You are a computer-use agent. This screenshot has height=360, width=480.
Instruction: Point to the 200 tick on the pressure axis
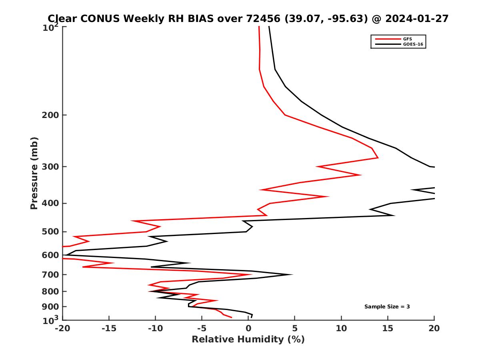tap(51, 115)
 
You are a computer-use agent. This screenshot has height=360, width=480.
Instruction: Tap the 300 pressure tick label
tap(51, 167)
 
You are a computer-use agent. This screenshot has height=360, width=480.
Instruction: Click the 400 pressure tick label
tap(51, 204)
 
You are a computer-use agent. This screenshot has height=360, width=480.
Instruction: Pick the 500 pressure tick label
tap(51, 232)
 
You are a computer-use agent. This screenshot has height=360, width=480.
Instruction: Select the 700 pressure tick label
tap(51, 275)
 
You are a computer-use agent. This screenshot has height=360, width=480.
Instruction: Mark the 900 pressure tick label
tap(51, 307)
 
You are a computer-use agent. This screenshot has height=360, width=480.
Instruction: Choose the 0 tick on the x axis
tap(248, 329)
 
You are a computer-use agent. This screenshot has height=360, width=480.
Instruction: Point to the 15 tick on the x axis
tap(388, 329)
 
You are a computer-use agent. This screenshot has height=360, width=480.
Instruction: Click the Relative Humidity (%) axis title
tap(248, 340)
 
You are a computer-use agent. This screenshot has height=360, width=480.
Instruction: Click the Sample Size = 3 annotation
tap(387, 307)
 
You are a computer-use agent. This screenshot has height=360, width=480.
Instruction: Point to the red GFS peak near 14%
tap(378, 158)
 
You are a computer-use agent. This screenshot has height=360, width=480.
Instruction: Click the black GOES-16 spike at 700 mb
tap(292, 274)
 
